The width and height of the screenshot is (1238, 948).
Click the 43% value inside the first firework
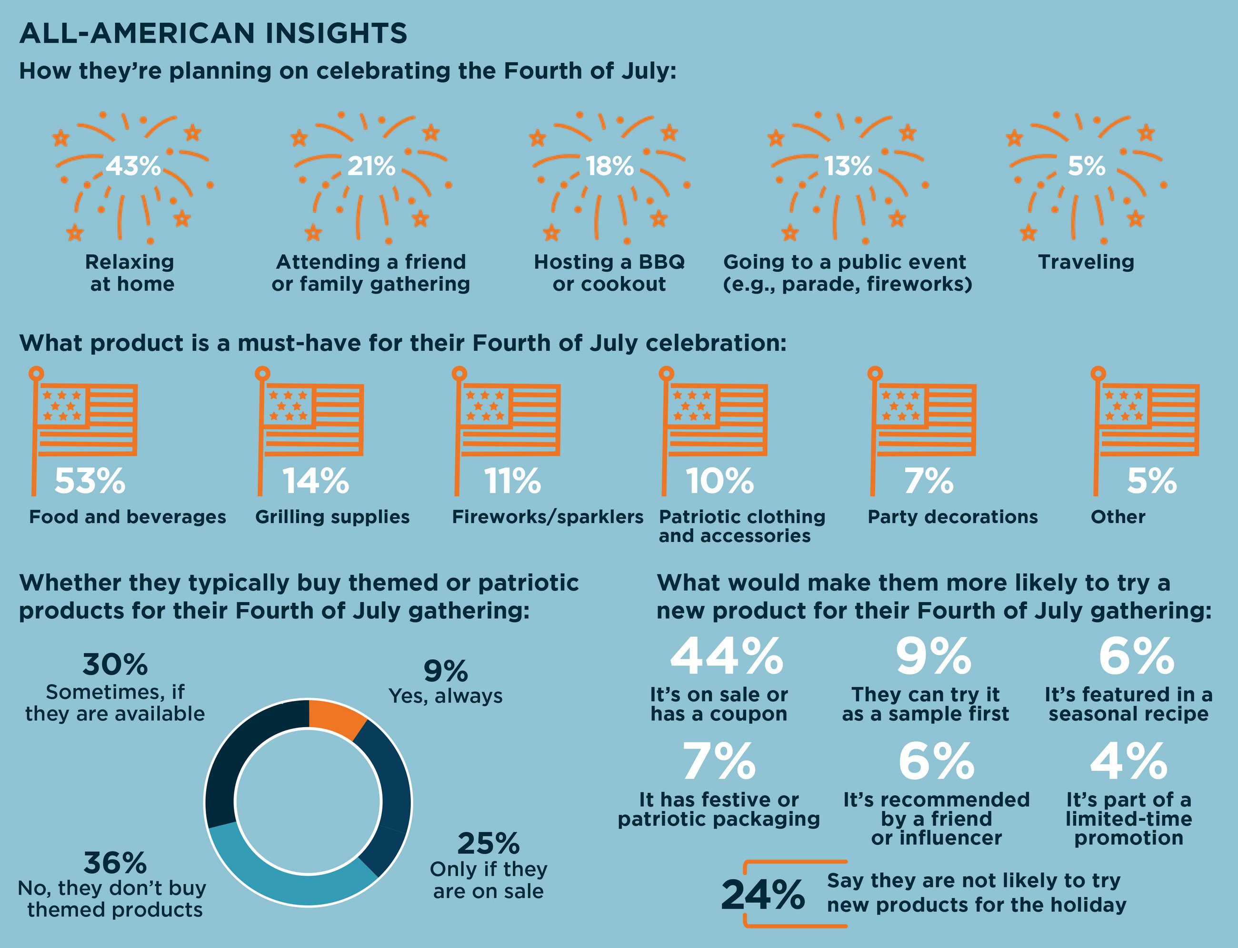pos(133,166)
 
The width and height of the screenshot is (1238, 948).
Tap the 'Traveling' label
pos(1086,262)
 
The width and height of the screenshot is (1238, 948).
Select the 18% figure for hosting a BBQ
pos(609,166)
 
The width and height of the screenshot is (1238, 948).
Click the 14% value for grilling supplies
pos(316,481)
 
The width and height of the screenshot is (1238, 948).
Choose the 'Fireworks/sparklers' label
pos(547,517)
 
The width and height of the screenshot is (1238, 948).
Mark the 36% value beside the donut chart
pos(115,863)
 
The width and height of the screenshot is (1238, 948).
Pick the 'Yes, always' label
pos(445,696)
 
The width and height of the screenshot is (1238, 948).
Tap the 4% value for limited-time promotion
pos(1128,761)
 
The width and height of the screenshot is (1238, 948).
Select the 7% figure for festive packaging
pos(719,761)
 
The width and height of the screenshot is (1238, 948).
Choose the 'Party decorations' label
pos(952,517)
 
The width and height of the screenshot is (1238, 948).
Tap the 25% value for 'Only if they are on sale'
pos(489,844)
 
